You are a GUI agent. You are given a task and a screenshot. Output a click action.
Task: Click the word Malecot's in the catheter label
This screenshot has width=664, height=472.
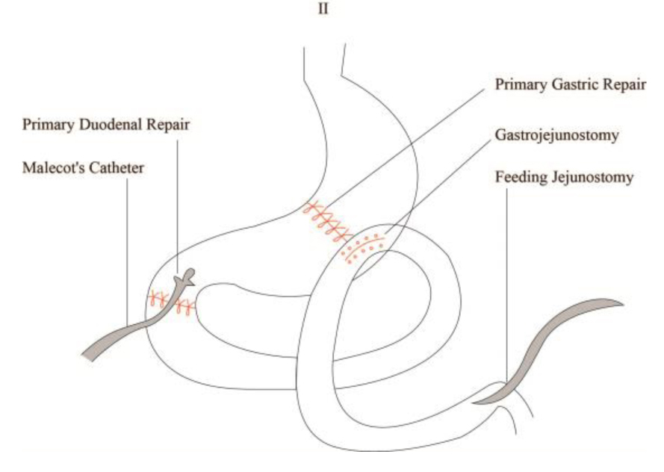point(52,168)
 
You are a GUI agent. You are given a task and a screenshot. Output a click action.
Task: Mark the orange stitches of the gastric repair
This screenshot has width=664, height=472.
point(326,221)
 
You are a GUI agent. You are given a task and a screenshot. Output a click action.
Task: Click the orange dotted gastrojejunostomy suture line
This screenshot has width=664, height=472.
point(364,246)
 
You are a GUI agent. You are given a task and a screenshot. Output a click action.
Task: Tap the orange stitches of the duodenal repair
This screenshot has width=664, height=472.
point(172,302)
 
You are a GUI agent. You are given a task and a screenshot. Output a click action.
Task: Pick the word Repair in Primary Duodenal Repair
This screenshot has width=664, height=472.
point(170,125)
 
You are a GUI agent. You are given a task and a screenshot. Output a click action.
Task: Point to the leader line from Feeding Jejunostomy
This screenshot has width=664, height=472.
point(506,284)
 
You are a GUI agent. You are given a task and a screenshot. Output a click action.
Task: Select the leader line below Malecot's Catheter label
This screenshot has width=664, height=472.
point(128,246)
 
